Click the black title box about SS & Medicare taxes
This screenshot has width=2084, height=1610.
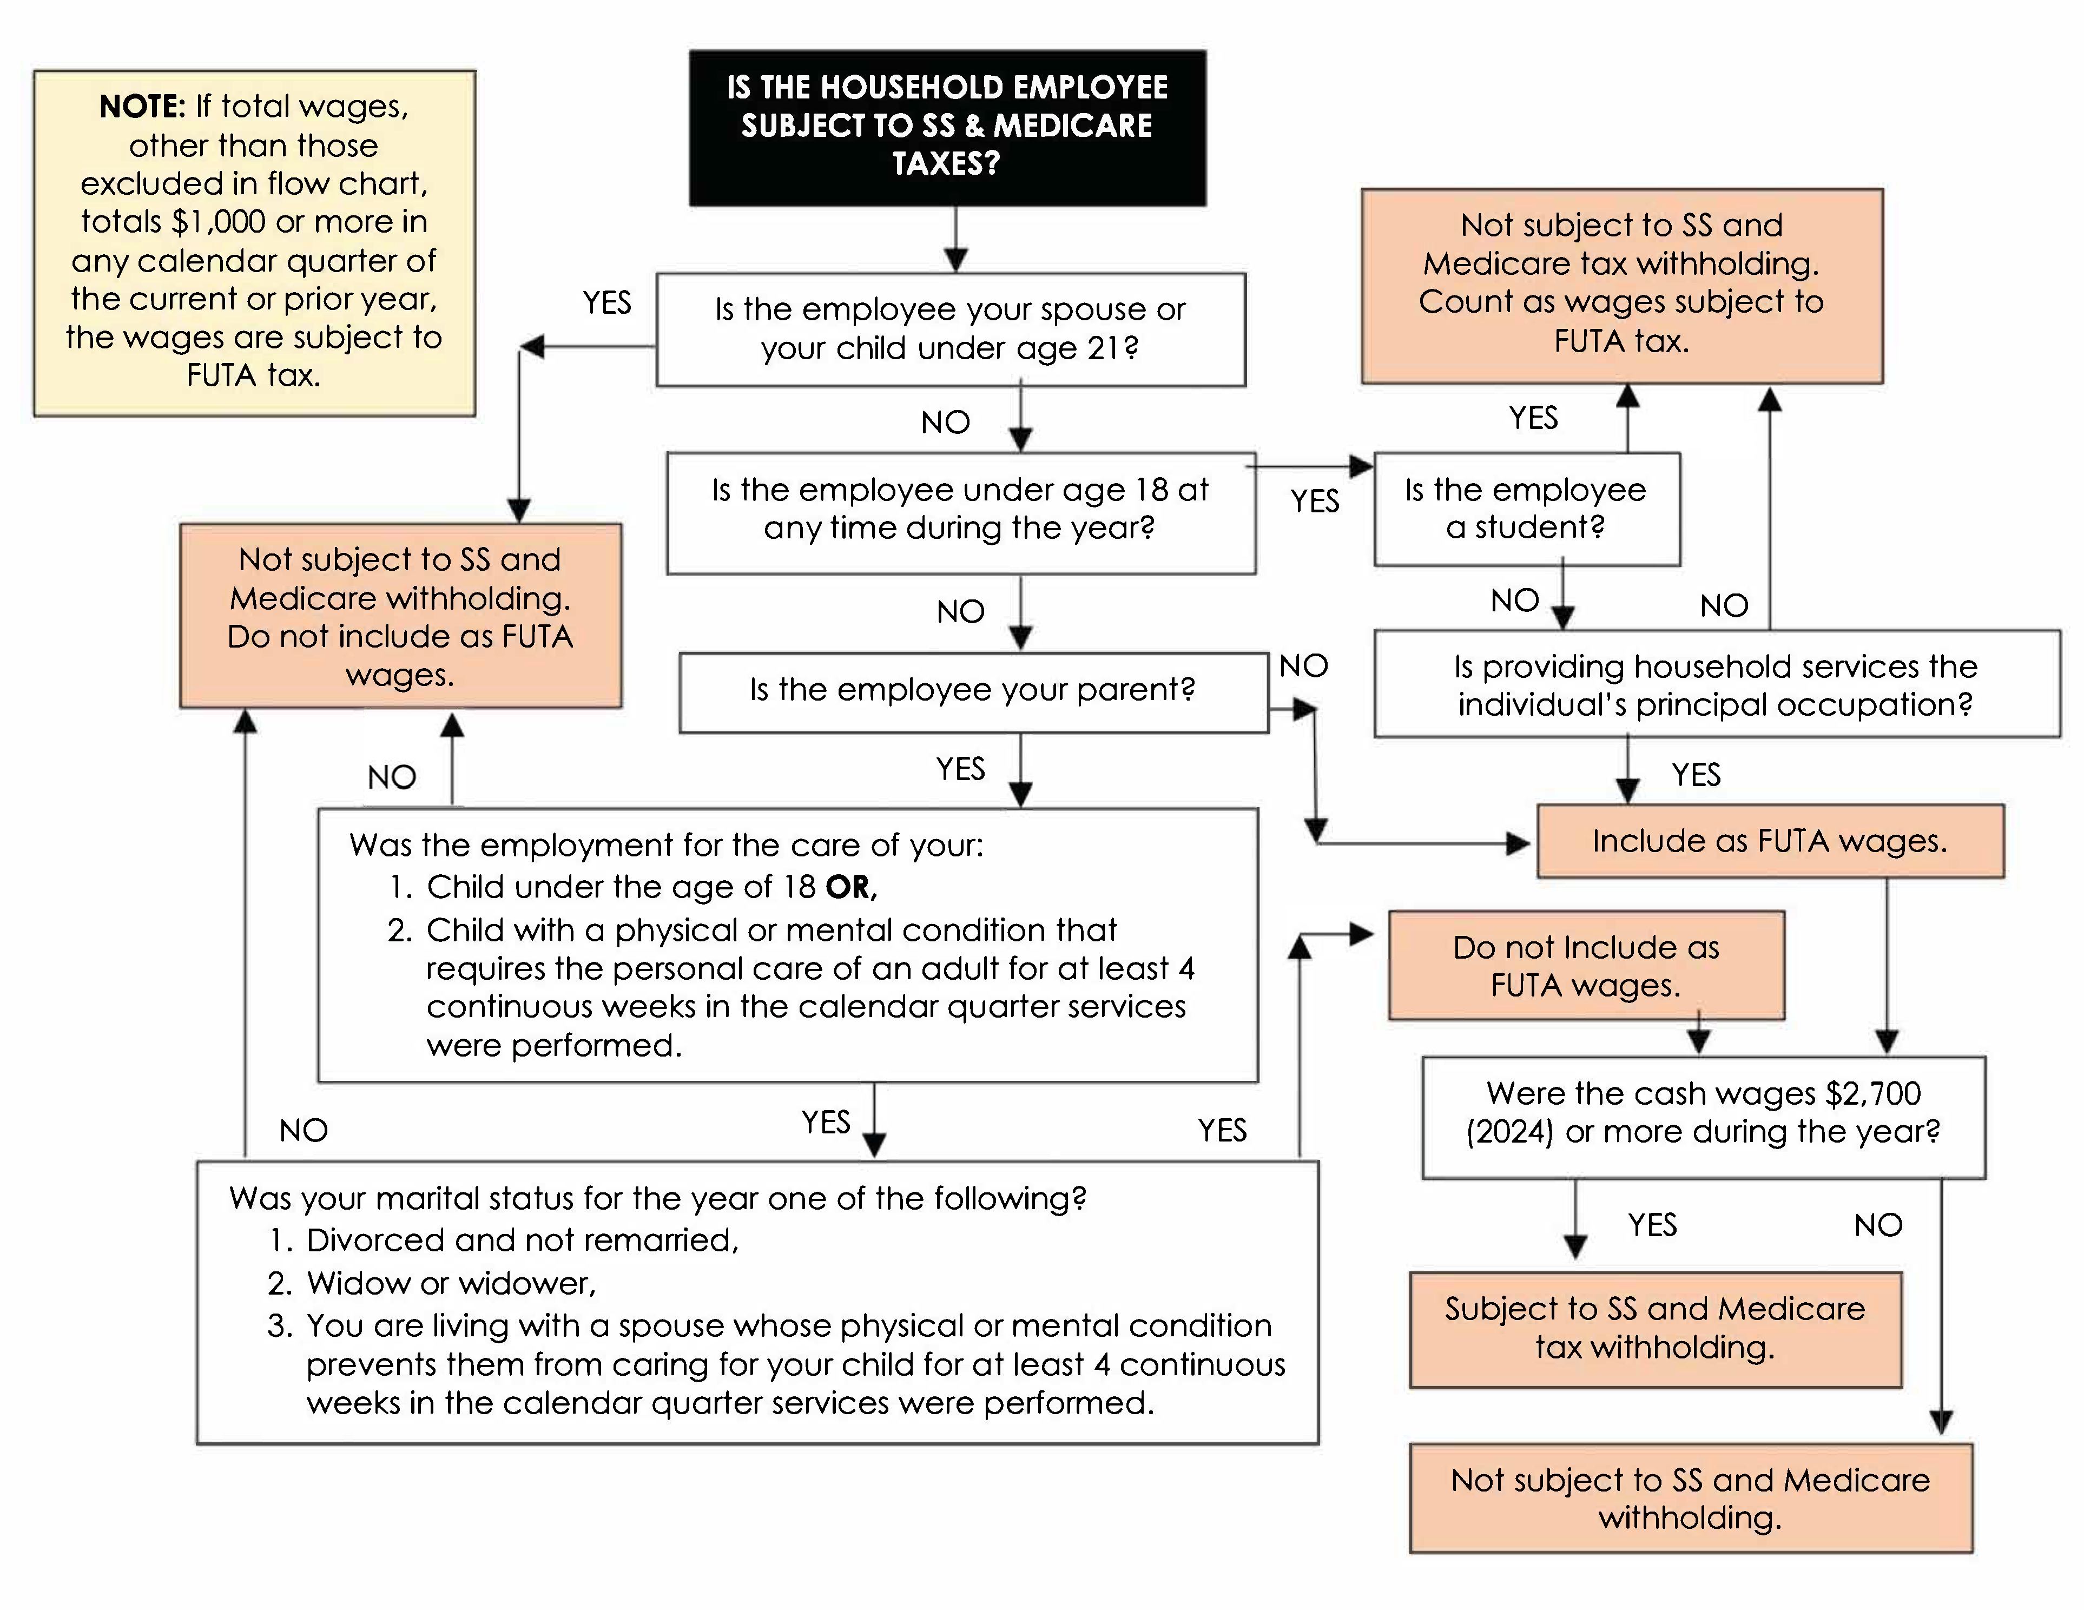pos(947,127)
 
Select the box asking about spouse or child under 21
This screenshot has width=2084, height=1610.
pos(951,329)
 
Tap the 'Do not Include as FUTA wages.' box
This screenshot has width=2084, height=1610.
pos(1585,966)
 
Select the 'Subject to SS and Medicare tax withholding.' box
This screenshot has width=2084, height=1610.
pos(1654,1329)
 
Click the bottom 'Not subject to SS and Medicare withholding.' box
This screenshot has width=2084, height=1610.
pos(1690,1499)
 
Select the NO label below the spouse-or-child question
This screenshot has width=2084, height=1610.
pos(945,422)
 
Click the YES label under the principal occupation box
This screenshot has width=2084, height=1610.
pos(1696,775)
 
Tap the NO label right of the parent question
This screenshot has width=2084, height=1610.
pos(1303,666)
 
